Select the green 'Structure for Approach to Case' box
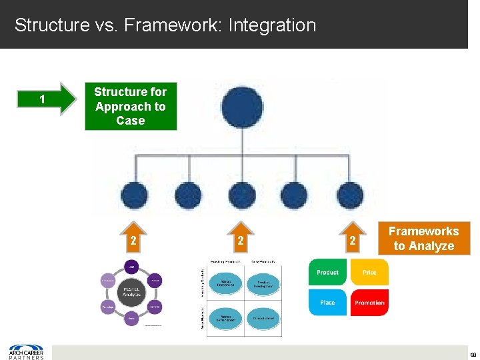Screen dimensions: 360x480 pyautogui.click(x=131, y=106)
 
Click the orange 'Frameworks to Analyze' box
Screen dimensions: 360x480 pyautogui.click(x=423, y=239)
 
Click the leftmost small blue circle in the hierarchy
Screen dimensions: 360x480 pyautogui.click(x=135, y=196)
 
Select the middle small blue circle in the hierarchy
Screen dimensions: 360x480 pyautogui.click(x=241, y=196)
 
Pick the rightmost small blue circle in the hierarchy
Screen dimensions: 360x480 pyautogui.click(x=349, y=196)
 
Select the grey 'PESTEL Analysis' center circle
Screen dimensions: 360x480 pyautogui.click(x=131, y=291)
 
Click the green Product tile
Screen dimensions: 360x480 pyautogui.click(x=327, y=272)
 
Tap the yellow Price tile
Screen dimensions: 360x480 pyautogui.click(x=369, y=272)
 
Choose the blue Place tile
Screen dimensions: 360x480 pyautogui.click(x=327, y=302)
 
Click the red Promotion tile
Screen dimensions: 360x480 pyautogui.click(x=369, y=302)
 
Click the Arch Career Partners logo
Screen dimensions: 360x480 pyautogui.click(x=26, y=351)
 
